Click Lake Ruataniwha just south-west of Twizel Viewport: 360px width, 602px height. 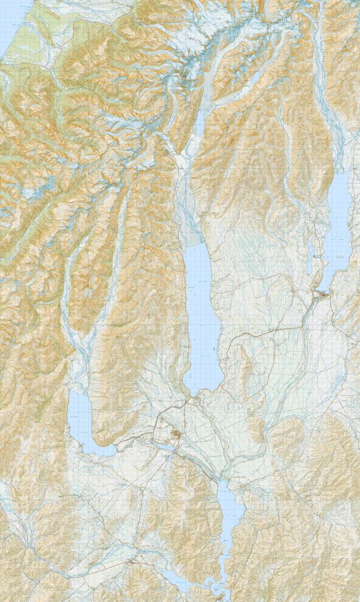tap(162, 445)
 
